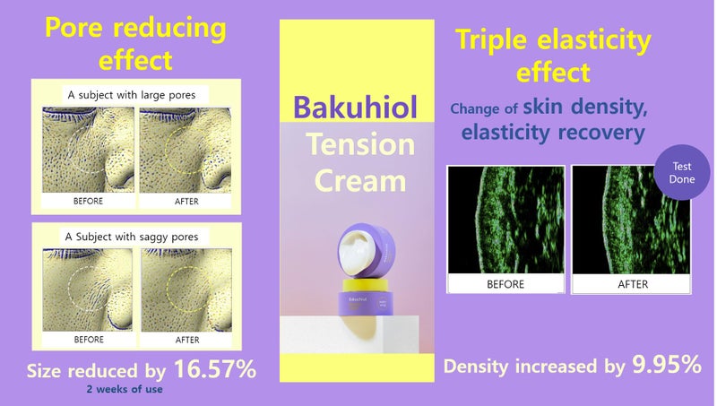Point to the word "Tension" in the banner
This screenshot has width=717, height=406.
(359, 143)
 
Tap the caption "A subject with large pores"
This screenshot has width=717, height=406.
(137, 93)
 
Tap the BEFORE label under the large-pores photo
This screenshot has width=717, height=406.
(89, 202)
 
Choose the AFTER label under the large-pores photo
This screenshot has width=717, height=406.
(187, 202)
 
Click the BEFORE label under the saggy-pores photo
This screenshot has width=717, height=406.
(89, 340)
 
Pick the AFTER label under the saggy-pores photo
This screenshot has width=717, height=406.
(187, 340)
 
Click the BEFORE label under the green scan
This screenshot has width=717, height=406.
(505, 283)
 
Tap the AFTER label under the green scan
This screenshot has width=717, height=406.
(632, 283)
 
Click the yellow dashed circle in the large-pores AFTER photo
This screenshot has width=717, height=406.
(183, 151)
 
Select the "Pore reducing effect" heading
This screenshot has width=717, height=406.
(135, 44)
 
